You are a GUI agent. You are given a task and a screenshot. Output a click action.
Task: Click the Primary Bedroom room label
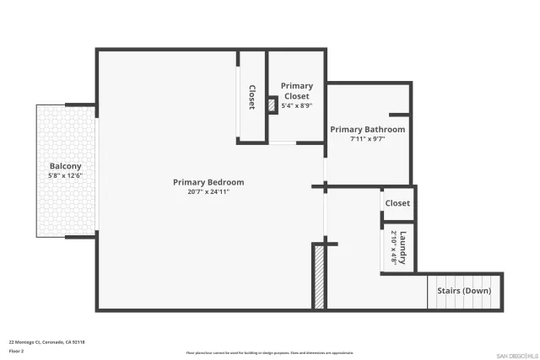click(208, 182)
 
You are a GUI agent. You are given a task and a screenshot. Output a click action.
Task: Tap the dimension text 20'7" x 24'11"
click(208, 192)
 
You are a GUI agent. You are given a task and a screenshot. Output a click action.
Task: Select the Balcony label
click(65, 166)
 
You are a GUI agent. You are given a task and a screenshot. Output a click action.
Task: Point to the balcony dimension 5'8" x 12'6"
click(65, 176)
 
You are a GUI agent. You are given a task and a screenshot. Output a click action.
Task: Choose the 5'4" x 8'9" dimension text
click(296, 106)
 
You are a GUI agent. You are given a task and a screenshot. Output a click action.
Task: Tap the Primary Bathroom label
click(367, 130)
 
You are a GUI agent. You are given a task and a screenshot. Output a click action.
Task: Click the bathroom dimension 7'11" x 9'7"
click(367, 139)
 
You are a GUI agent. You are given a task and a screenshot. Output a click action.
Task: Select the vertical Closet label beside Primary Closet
click(251, 97)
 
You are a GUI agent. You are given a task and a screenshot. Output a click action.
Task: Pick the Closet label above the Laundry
click(397, 203)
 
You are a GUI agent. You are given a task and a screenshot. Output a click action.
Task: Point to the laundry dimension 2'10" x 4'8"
click(394, 248)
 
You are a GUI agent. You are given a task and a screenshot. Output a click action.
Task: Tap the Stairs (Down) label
click(464, 291)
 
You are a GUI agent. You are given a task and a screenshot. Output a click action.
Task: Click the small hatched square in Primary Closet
click(273, 105)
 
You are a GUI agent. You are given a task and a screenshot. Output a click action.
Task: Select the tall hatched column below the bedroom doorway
click(319, 277)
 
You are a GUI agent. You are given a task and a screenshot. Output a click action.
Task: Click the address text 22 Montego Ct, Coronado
click(47, 341)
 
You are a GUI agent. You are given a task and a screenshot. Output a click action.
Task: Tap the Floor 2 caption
click(16, 350)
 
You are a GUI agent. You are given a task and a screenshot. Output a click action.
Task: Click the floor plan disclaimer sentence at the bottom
click(269, 353)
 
